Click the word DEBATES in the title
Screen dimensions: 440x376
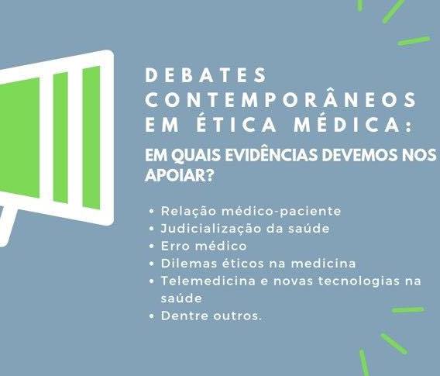[x=206, y=74]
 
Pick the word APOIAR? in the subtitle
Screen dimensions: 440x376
[x=179, y=176]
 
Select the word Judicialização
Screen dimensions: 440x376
[x=211, y=229]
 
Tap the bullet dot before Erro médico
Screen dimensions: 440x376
[x=152, y=247]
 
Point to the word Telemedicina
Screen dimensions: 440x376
[x=208, y=281]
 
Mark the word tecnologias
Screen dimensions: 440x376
[x=359, y=281]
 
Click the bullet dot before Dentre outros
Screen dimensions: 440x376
[x=152, y=316]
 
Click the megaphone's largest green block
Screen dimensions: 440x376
[x=19, y=137]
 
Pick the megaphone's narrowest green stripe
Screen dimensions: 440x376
[x=60, y=137]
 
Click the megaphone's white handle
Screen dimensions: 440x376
[x=6, y=225]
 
